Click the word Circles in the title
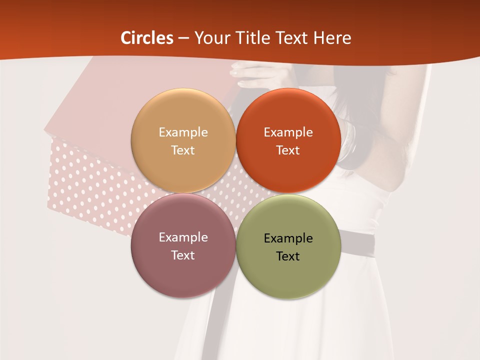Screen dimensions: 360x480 pos(147,38)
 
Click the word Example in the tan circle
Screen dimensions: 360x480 pos(183,132)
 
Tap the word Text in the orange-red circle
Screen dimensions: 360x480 pos(288,150)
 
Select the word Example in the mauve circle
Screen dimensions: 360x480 pos(183,237)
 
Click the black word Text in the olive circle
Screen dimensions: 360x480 pos(288,256)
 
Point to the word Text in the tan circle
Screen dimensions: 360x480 pos(183,150)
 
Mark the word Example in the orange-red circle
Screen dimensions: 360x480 pos(288,132)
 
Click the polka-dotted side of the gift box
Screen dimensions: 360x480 pos(90,185)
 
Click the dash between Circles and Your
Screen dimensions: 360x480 pos(183,38)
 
